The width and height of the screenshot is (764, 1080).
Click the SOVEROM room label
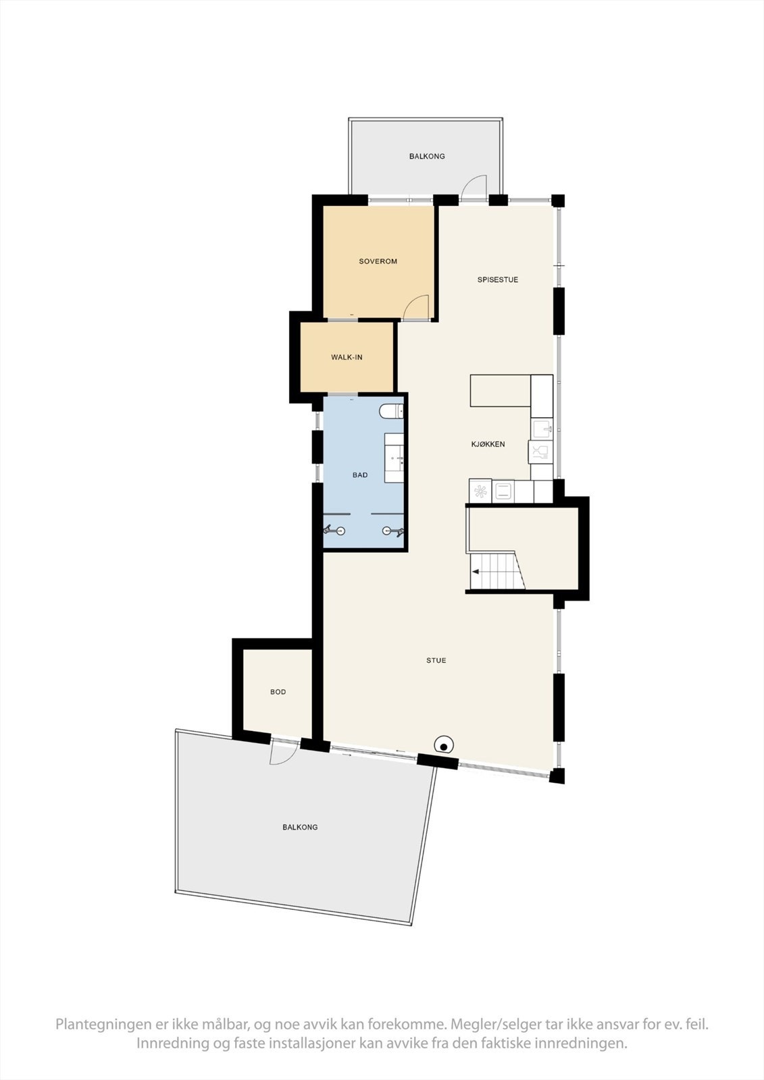[378, 261]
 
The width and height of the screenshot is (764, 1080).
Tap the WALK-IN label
[347, 357]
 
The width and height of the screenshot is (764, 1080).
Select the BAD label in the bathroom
[360, 475]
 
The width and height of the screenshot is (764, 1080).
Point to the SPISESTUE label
[498, 279]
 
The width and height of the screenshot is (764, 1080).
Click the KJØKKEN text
[488, 444]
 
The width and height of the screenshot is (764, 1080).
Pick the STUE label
[436, 660]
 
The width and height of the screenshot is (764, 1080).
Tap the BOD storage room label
[278, 692]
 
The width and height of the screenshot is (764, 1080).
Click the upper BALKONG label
[427, 157]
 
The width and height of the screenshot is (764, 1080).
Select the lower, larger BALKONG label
[300, 827]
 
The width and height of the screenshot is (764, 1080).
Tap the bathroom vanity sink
[395, 458]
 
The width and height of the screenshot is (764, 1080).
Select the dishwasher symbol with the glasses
[540, 452]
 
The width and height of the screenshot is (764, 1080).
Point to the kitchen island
[500, 391]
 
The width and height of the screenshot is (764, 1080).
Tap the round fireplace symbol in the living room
[444, 745]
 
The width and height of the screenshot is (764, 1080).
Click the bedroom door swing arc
[416, 306]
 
